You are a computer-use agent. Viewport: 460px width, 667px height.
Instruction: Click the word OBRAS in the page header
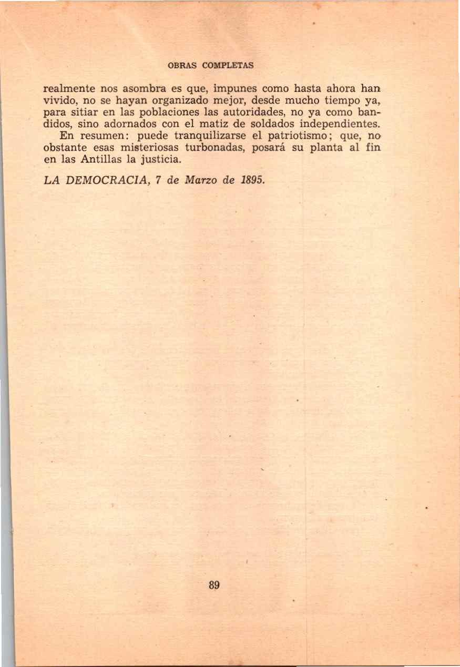(x=182, y=66)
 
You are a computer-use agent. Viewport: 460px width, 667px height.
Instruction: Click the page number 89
(x=214, y=585)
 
